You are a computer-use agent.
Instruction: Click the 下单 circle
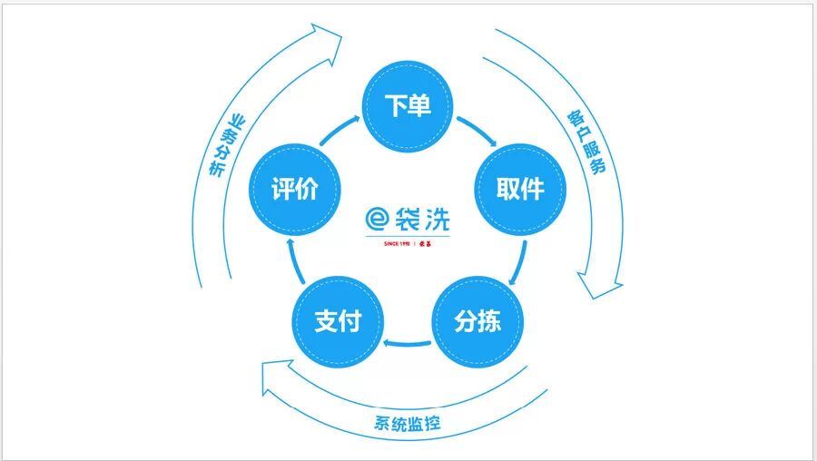tap(408, 107)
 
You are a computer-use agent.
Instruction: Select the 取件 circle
tap(520, 189)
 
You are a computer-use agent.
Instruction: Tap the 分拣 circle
tap(477, 321)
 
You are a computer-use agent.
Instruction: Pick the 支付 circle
tap(338, 321)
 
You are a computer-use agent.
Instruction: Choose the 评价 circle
tap(293, 189)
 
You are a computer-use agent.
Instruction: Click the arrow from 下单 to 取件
tap(477, 131)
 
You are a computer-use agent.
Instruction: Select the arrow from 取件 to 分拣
tap(518, 263)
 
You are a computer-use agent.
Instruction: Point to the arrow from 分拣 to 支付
tap(407, 343)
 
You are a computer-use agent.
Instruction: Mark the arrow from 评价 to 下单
tap(338, 131)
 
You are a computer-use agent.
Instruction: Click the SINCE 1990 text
tap(399, 243)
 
